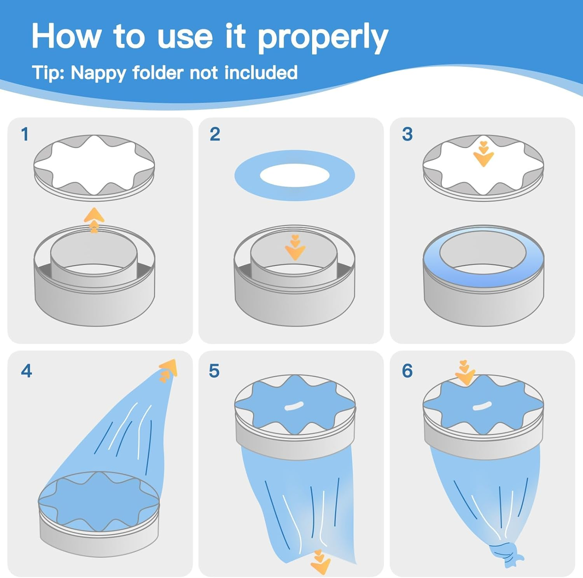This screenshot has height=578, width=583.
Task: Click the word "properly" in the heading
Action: click(x=323, y=38)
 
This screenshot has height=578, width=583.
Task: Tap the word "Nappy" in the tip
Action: click(x=98, y=73)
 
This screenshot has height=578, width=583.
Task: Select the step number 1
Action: click(x=25, y=134)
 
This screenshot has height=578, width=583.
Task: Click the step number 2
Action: click(x=215, y=134)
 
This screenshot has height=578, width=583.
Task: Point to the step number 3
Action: click(x=407, y=134)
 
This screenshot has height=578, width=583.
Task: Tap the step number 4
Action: click(x=26, y=371)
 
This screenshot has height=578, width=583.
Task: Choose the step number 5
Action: click(x=214, y=371)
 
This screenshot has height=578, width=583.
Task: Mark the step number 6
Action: click(x=407, y=371)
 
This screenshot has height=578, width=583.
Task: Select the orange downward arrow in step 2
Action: click(x=295, y=247)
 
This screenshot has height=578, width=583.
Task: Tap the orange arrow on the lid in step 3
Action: click(x=484, y=154)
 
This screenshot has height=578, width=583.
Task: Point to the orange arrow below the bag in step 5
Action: click(x=320, y=561)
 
